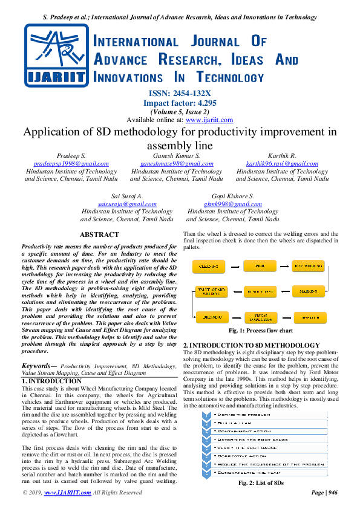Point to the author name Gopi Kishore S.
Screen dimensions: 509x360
(233, 196)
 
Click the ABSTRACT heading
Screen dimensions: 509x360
(100, 235)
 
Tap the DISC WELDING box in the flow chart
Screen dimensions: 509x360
(308, 265)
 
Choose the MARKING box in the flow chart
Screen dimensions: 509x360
(308, 291)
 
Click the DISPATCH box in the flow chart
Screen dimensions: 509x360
(308, 317)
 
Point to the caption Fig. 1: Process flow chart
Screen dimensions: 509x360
(260, 331)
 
